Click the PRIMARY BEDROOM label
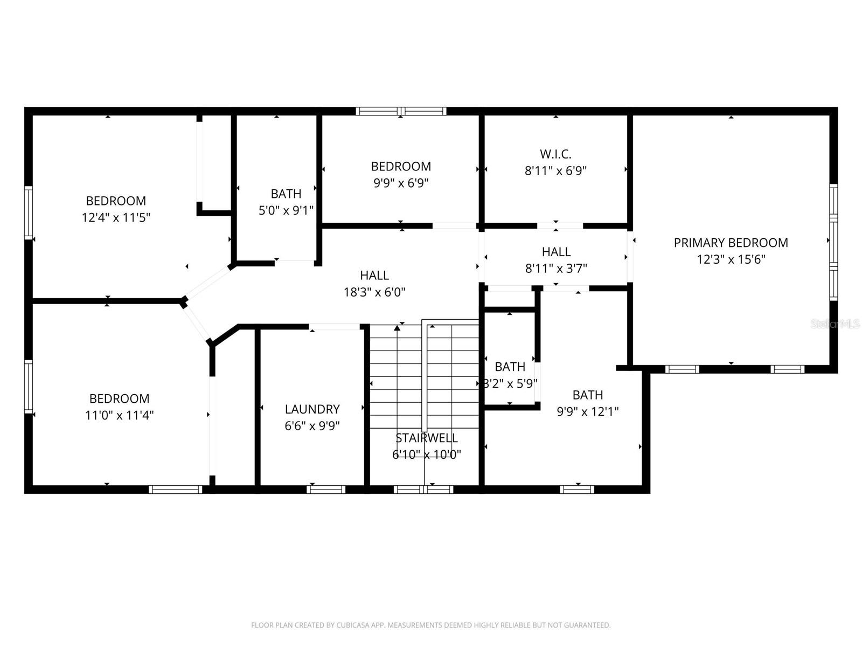pos(731,243)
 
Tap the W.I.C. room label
pos(555,154)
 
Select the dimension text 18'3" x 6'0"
pos(374,292)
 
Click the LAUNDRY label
pos(312,409)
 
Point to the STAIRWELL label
pos(426,438)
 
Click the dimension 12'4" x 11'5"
pos(116,218)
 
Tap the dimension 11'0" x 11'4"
pos(119,415)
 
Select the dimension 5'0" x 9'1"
pos(286,210)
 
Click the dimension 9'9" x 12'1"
pos(587,412)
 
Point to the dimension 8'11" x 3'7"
pos(556,269)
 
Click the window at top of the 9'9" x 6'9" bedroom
pos(401,112)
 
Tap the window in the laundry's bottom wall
pos(326,490)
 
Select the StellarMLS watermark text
pos(835,324)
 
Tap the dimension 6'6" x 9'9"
pos(312,426)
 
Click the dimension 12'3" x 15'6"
pos(731,259)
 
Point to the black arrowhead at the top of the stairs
pos(397,327)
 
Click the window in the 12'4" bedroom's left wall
pos(29,212)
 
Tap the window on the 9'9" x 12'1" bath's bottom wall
pos(576,490)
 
